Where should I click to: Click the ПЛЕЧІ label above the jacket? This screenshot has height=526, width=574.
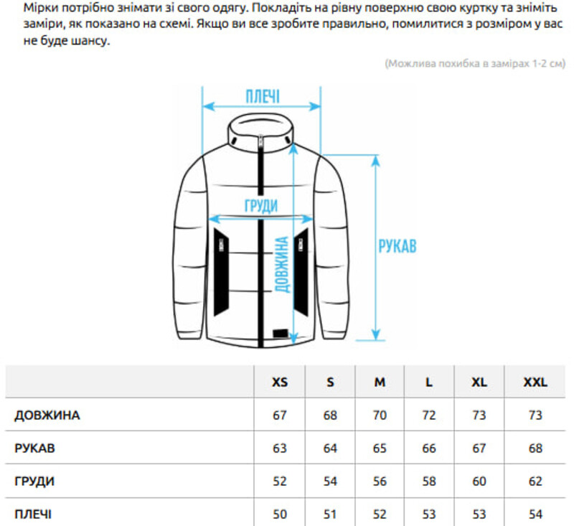263,96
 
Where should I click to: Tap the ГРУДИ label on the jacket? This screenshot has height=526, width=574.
261,205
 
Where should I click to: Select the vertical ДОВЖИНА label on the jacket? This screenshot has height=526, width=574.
281,264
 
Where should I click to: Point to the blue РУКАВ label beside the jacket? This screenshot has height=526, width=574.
397,246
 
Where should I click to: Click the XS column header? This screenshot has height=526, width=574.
280,382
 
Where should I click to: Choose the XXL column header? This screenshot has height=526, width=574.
535,382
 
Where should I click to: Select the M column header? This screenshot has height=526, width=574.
380,382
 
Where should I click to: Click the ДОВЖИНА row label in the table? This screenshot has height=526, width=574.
47,415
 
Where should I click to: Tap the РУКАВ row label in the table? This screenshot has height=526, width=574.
34,448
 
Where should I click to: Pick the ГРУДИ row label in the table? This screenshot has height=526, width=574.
34,481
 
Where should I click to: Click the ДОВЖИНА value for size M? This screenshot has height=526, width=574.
380,415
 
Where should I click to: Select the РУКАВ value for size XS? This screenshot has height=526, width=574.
280,448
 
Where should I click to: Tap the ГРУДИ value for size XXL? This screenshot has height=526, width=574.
535,481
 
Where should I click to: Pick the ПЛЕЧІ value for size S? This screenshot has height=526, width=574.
330,514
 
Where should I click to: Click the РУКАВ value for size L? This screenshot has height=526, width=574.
429,448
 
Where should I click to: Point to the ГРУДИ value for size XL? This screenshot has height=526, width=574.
479,481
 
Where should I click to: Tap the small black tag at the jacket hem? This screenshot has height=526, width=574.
281,334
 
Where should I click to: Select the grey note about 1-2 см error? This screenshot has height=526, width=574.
475,63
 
